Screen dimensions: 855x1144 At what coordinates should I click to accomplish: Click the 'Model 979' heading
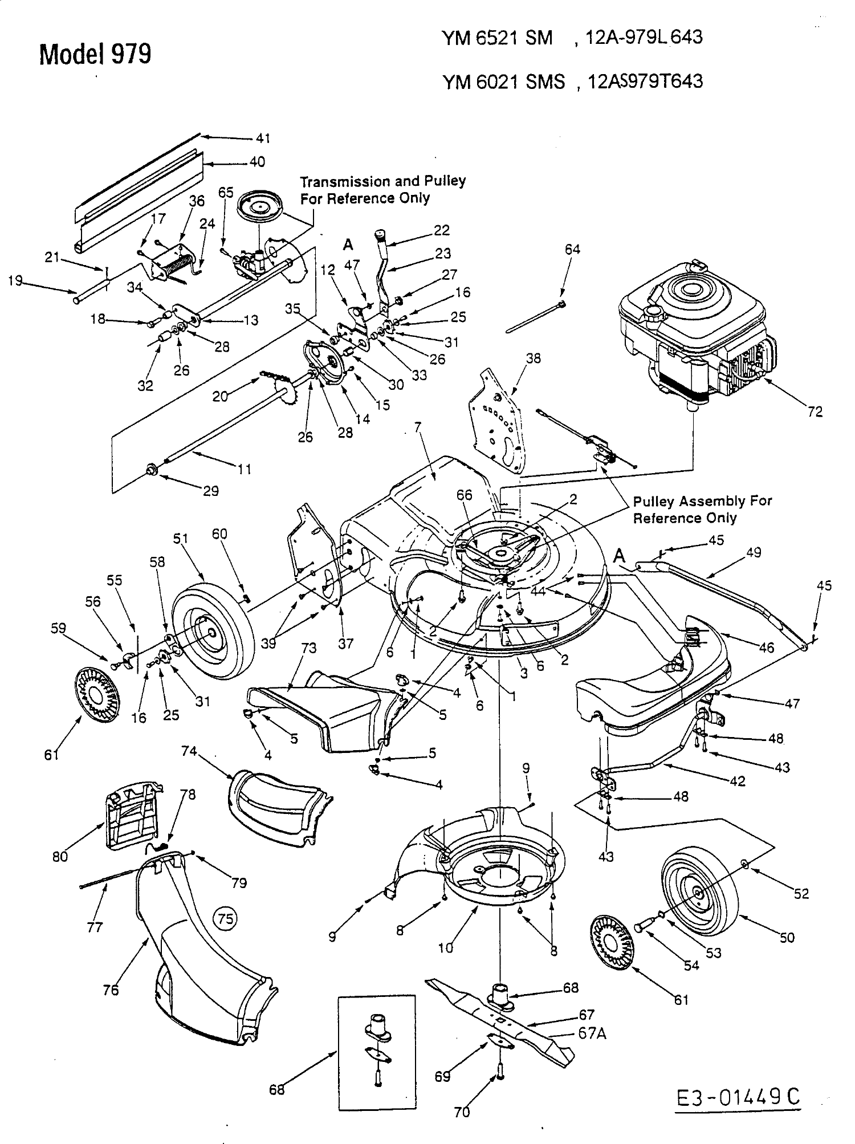(x=95, y=55)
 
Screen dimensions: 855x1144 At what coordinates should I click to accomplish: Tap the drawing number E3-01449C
(x=739, y=1096)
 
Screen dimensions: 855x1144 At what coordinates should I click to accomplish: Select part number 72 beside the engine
(x=815, y=412)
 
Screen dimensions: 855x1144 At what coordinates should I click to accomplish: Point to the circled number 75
(x=225, y=918)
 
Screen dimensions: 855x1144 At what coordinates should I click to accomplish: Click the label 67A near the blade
(x=592, y=1033)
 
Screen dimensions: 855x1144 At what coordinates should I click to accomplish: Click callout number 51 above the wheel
(x=181, y=539)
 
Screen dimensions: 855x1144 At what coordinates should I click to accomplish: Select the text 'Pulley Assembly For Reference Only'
(x=702, y=510)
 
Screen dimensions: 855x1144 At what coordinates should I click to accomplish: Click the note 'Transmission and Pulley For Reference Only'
(x=382, y=190)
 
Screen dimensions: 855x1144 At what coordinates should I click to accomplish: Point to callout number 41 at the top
(x=263, y=138)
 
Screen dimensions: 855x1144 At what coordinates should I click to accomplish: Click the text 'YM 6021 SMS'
(x=503, y=83)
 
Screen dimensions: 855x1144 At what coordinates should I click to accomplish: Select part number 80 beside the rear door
(x=60, y=856)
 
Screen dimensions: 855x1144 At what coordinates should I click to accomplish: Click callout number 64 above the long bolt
(x=572, y=249)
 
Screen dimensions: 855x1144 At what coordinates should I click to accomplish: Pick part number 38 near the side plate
(x=534, y=358)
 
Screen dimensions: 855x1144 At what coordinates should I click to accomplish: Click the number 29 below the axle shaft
(x=211, y=490)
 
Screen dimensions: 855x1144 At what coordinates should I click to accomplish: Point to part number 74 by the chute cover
(x=189, y=751)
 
